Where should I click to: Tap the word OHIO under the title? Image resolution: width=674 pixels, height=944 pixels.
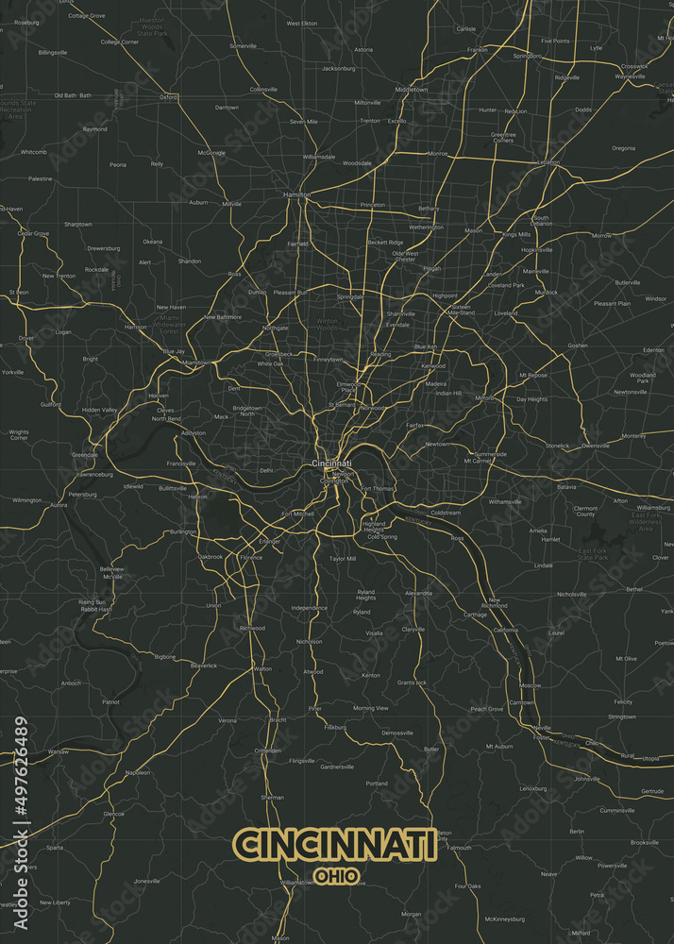click(x=337, y=876)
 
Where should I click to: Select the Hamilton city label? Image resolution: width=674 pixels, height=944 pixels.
click(x=297, y=194)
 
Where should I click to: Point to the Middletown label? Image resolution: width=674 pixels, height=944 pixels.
click(x=412, y=90)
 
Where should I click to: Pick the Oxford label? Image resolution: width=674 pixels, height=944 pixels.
click(x=169, y=96)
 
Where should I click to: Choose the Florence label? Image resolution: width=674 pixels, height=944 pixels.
click(x=251, y=558)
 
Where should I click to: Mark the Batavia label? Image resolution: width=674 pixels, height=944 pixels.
click(x=566, y=487)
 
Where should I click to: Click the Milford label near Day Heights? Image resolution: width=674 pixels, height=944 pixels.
click(x=484, y=398)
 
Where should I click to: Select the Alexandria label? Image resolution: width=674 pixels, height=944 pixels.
click(x=418, y=593)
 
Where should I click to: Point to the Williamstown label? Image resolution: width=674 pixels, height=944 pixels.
click(x=295, y=882)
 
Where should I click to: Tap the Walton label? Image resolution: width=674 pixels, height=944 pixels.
click(x=261, y=668)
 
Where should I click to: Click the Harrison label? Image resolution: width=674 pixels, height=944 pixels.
click(x=135, y=327)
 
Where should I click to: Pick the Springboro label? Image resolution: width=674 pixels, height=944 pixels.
click(x=527, y=56)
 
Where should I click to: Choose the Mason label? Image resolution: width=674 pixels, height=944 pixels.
click(x=473, y=230)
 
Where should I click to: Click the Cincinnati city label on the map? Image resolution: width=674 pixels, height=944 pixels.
click(x=331, y=464)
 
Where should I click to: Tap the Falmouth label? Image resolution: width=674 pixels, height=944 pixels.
click(x=459, y=848)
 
